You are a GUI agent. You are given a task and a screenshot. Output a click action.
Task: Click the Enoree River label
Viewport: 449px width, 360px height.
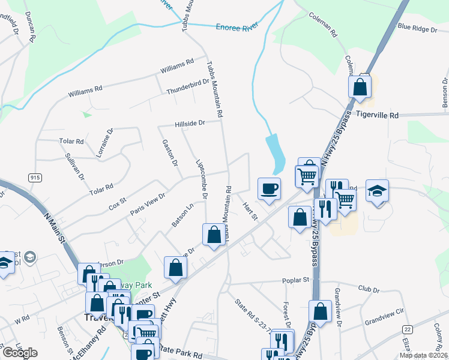(x=235, y=26)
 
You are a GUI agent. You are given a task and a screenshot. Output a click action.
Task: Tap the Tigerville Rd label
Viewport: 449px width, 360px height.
(x=377, y=115)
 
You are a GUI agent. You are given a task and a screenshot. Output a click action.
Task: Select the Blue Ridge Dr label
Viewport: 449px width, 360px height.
(x=417, y=28)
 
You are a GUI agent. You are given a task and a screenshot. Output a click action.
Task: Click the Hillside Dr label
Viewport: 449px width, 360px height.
(x=190, y=123)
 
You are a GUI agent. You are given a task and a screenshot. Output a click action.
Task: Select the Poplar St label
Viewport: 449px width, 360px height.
(x=296, y=280)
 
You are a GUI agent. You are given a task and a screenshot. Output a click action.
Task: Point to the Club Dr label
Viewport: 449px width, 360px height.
(x=369, y=289)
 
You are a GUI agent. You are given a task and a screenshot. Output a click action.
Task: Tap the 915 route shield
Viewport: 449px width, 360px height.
(x=34, y=177)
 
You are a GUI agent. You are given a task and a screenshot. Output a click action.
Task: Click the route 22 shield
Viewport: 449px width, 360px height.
(x=408, y=330)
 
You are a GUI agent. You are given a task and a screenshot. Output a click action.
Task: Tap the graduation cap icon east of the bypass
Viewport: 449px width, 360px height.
(x=377, y=191)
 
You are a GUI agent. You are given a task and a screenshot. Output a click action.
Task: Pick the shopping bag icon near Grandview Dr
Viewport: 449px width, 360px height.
(x=321, y=312)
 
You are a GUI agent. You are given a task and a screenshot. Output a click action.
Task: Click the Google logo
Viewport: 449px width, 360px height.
(x=20, y=353)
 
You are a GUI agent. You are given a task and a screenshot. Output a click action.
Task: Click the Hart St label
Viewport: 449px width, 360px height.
(x=250, y=210)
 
